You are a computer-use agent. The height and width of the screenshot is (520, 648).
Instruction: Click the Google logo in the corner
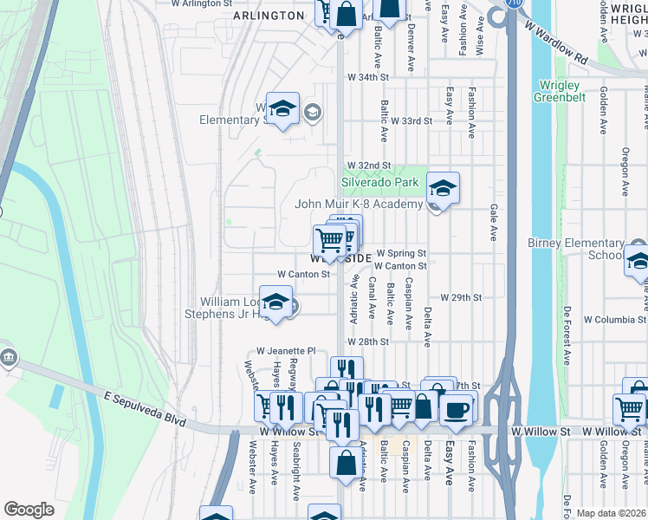[29, 509]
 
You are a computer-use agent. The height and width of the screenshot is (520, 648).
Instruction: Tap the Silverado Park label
[379, 183]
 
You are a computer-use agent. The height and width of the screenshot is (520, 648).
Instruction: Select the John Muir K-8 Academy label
[358, 205]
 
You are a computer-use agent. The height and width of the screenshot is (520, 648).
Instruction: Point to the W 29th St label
[460, 297]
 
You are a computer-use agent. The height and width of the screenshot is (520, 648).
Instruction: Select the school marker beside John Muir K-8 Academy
[443, 189]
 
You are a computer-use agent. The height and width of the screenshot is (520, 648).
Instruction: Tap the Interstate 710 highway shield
[498, 15]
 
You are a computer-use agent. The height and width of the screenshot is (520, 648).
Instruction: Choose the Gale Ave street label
[492, 222]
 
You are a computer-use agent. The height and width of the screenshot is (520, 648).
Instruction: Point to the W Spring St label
[401, 253]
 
